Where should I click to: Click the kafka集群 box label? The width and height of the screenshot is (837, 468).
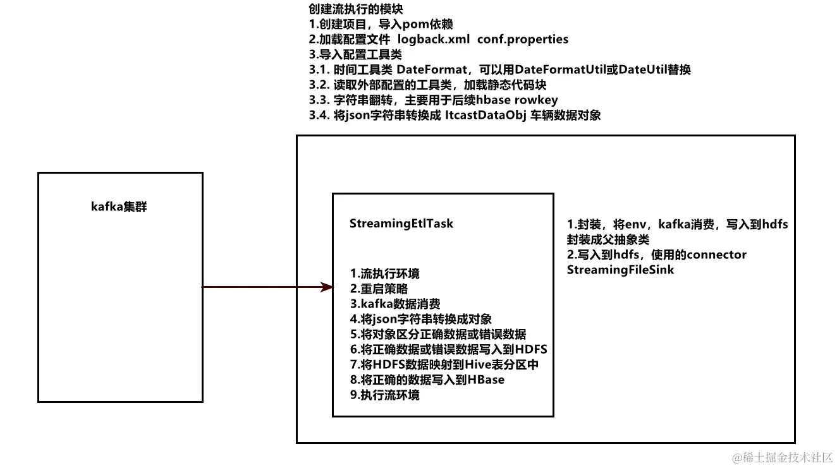point(119,207)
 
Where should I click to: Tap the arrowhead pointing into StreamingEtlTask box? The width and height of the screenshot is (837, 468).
point(327,287)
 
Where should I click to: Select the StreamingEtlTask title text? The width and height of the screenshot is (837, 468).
point(401,224)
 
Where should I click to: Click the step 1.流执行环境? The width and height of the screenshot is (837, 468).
point(384,273)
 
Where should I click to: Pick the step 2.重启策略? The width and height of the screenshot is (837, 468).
point(379,289)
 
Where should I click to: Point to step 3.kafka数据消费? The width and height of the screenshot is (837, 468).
point(395,304)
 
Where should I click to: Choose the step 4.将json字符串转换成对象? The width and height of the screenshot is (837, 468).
point(420,319)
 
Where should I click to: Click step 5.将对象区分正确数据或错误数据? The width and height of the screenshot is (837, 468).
point(437,334)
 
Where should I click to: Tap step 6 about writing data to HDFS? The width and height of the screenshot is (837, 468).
point(448,349)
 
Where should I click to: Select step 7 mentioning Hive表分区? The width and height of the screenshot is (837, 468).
point(444,364)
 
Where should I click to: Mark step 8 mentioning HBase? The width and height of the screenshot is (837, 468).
point(427,380)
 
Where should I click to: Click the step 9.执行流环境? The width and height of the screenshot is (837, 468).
point(384,395)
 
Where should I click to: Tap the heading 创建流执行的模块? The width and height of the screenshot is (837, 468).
point(357,10)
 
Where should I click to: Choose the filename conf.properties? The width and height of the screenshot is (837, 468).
point(523,39)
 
